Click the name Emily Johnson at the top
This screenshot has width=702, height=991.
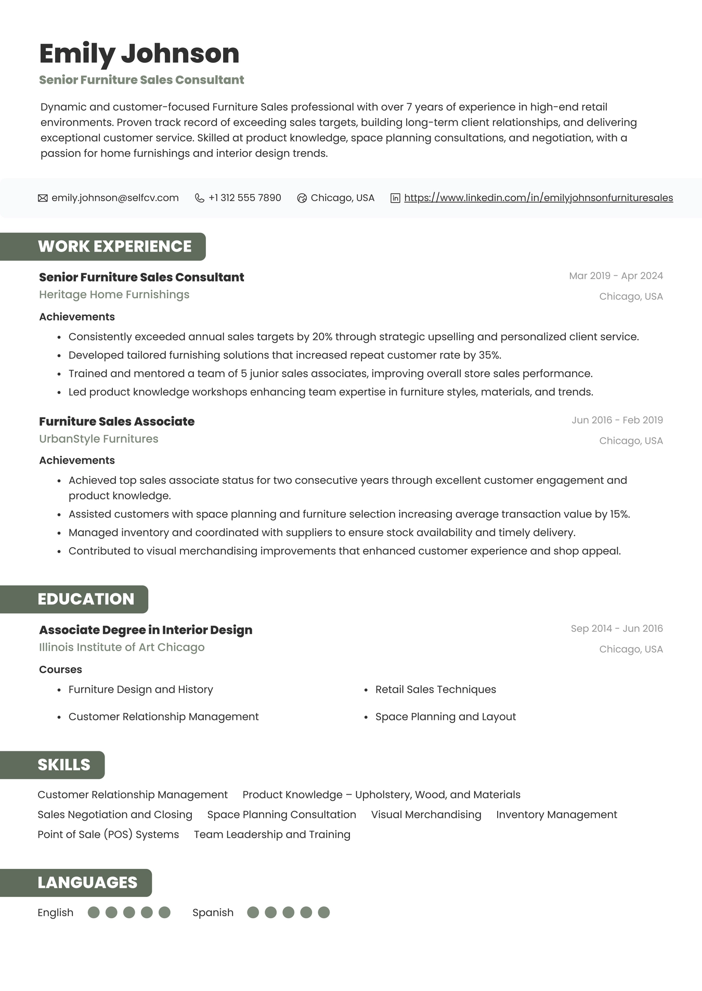[x=139, y=54]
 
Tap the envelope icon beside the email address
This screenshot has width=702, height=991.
[x=43, y=198]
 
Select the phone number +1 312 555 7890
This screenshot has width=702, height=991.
[x=244, y=198]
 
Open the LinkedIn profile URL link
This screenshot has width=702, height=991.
[x=538, y=198]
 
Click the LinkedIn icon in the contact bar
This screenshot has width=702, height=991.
[x=395, y=198]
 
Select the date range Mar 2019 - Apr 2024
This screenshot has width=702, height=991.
[x=616, y=276]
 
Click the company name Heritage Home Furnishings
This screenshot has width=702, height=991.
[x=114, y=295]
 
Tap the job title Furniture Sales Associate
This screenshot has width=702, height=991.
[x=116, y=421]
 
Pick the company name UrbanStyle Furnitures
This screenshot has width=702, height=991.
[x=98, y=439]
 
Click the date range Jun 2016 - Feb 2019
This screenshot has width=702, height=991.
[x=617, y=420]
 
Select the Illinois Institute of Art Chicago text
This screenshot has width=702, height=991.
[x=122, y=648]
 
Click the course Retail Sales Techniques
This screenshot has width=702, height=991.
[x=435, y=690]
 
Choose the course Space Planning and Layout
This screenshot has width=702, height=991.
[x=445, y=717]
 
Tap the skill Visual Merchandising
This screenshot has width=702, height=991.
[x=426, y=815]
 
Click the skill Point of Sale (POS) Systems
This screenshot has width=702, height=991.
[x=108, y=835]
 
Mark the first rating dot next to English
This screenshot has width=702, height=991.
[x=94, y=913]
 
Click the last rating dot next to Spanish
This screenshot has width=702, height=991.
[x=323, y=913]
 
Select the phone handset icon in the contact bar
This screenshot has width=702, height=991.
[x=199, y=198]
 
